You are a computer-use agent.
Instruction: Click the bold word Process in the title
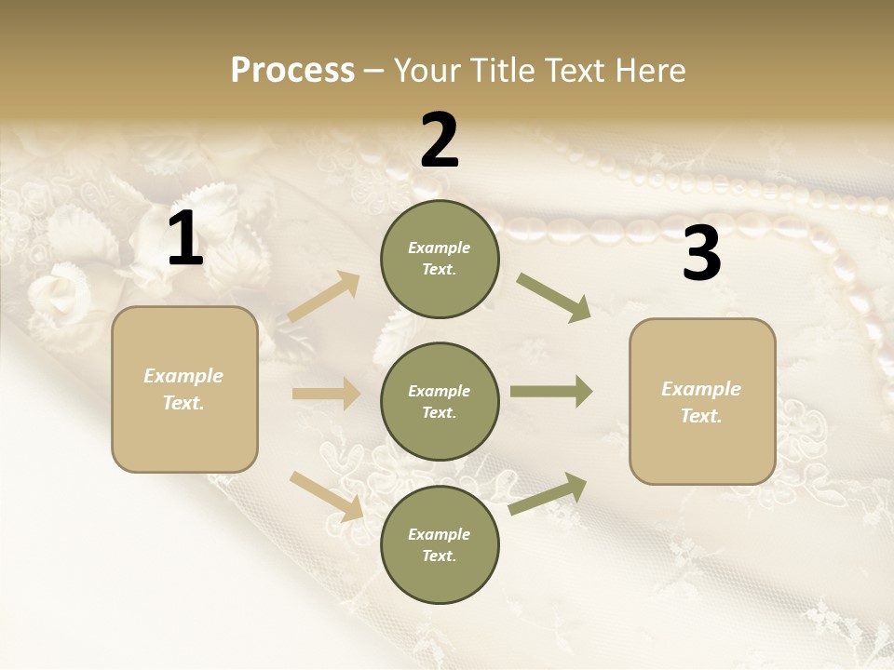(292, 70)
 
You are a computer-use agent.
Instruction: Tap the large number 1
(185, 239)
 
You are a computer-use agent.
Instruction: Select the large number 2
(440, 141)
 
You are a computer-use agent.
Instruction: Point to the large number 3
(701, 254)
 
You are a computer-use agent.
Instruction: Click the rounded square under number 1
(184, 389)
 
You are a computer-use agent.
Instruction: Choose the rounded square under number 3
(702, 401)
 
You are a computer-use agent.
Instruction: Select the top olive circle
(440, 259)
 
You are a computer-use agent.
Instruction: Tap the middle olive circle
(440, 401)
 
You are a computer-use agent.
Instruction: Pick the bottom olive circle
(440, 544)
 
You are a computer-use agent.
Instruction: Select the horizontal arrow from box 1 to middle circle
(326, 394)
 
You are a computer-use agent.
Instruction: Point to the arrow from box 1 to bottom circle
(326, 495)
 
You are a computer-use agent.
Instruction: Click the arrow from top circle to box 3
(553, 298)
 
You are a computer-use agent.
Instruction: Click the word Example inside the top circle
(440, 248)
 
